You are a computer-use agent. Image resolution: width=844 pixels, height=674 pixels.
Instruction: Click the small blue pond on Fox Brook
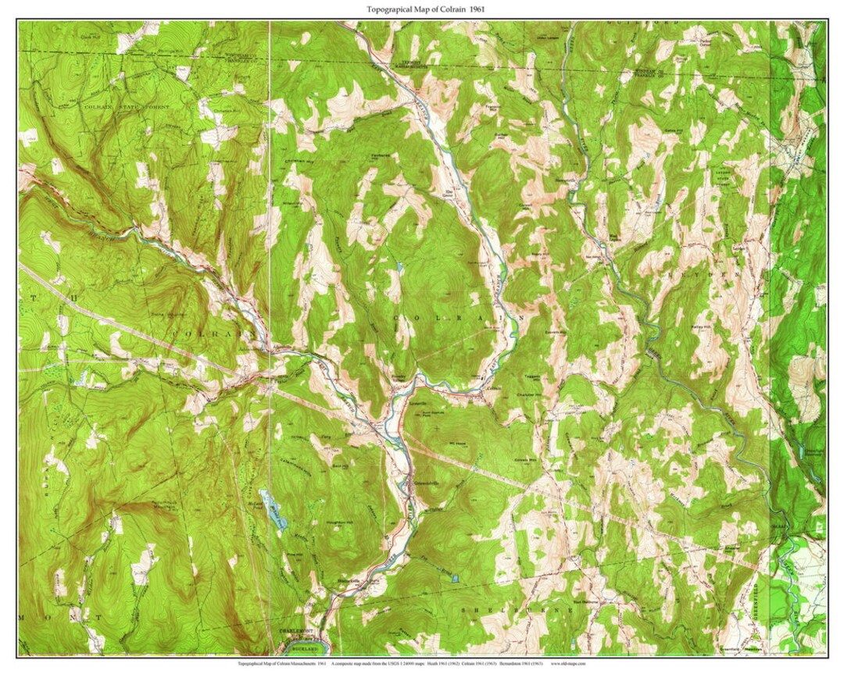[x=456, y=583]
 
